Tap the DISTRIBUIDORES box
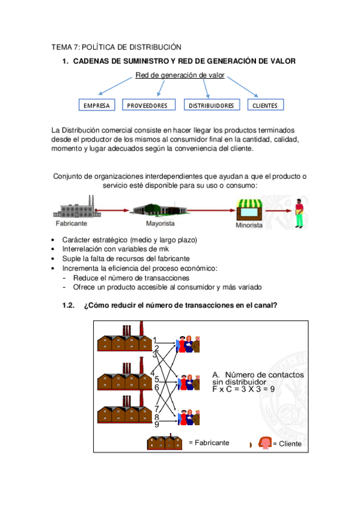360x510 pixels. click(211, 105)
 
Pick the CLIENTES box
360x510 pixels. click(265, 105)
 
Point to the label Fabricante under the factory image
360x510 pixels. click(71, 223)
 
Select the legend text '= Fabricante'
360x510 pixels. click(209, 443)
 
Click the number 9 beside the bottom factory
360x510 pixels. click(157, 425)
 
